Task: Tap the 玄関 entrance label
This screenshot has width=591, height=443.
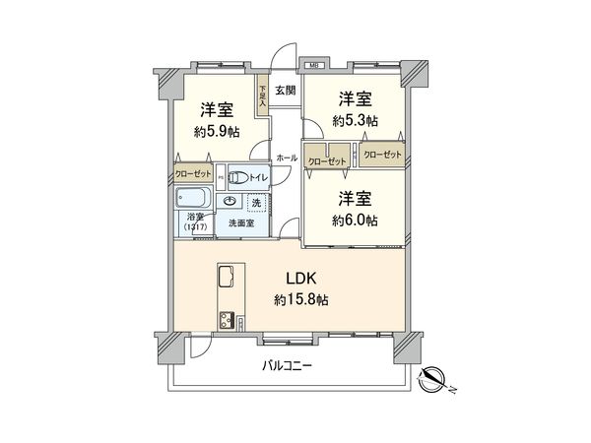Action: click(x=285, y=91)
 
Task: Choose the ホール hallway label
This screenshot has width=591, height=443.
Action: click(x=287, y=158)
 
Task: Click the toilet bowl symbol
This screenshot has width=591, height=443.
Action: click(x=237, y=177)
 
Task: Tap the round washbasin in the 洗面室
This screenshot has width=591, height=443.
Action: click(x=230, y=201)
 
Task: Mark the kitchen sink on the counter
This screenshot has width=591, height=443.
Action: click(x=226, y=274)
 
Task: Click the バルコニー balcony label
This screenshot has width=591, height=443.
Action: click(x=287, y=365)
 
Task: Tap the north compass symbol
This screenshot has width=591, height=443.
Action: click(x=432, y=378)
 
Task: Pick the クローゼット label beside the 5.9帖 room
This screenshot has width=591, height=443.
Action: click(x=193, y=174)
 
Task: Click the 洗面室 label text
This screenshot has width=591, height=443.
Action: click(x=241, y=223)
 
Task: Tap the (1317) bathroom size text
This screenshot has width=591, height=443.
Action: click(x=194, y=227)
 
